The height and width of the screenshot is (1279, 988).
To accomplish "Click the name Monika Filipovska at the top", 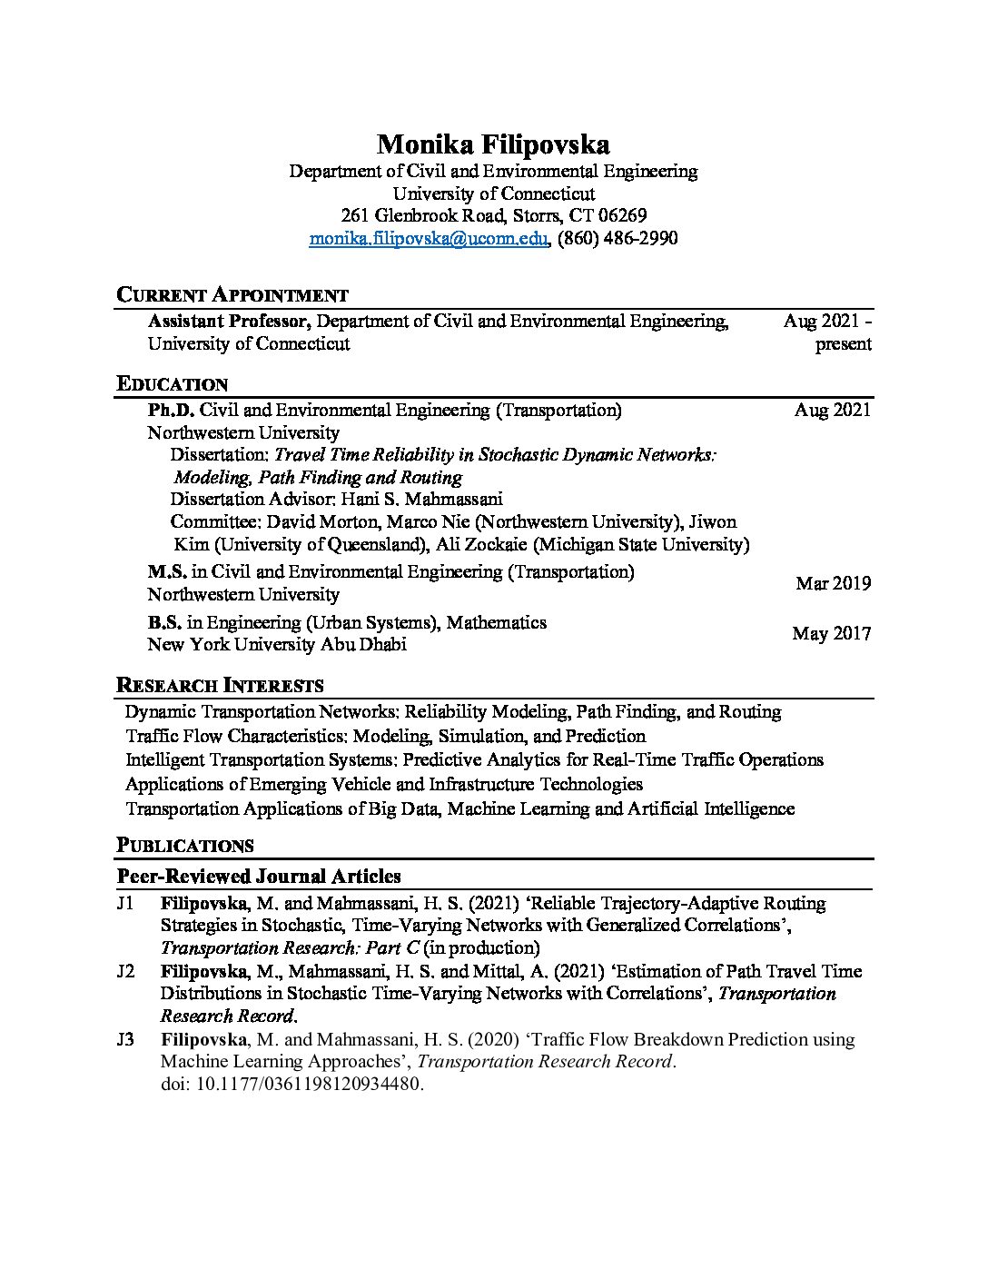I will (x=493, y=144).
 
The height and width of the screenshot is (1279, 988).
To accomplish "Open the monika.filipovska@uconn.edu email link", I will (x=429, y=238).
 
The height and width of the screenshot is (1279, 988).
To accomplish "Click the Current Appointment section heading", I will (x=232, y=294).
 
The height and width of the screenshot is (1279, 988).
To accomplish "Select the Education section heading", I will (x=173, y=383).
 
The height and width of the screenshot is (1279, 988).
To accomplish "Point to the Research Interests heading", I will (x=221, y=685).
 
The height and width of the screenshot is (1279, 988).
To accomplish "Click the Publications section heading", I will (x=185, y=846).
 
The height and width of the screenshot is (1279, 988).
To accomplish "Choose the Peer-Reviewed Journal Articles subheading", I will (x=259, y=877).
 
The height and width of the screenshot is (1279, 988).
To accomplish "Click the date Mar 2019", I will (x=833, y=583).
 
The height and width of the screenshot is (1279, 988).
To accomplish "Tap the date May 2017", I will (x=831, y=633).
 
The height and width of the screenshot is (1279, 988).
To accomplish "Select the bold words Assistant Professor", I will (x=230, y=321).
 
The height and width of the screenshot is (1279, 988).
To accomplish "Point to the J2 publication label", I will (x=126, y=971).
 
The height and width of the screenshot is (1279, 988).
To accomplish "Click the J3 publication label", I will (x=126, y=1039).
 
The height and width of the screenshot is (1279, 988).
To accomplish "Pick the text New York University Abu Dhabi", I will (x=277, y=644).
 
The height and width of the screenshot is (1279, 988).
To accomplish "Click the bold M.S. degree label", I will (x=167, y=572).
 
